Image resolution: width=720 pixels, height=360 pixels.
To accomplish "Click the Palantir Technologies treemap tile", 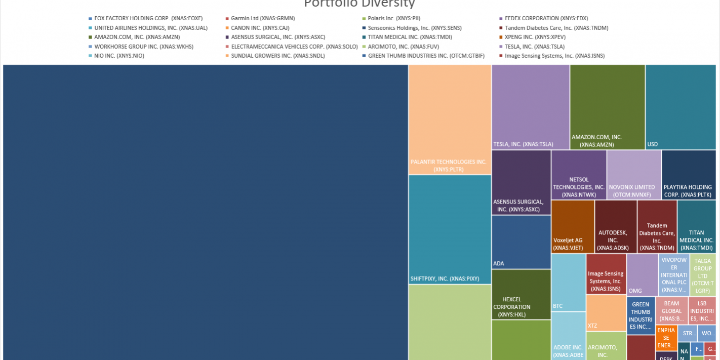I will [x=450, y=119].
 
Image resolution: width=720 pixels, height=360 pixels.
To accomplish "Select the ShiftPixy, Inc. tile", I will [x=450, y=229].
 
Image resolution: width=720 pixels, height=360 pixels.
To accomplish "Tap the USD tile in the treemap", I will [x=681, y=107].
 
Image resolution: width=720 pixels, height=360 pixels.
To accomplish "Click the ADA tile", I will [x=521, y=242].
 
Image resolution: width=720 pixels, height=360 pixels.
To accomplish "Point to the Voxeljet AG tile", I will [x=573, y=226].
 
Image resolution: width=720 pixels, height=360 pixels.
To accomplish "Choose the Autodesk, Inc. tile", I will [x=616, y=226].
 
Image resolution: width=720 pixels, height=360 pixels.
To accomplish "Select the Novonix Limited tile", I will [x=634, y=175].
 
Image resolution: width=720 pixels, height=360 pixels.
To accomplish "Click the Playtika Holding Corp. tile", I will [x=689, y=175].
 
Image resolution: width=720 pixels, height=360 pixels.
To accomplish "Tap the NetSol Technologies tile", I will [x=579, y=175].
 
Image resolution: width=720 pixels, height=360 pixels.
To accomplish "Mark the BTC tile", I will [x=568, y=282].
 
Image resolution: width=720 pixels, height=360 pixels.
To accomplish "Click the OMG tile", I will [x=642, y=274].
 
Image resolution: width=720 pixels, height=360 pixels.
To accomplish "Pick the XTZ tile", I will [x=606, y=312].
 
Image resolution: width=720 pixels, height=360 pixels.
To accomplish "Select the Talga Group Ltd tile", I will [x=702, y=275].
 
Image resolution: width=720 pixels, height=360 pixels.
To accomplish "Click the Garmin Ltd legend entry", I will [x=262, y=18].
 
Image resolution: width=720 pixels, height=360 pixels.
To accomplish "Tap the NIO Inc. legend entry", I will [x=119, y=56].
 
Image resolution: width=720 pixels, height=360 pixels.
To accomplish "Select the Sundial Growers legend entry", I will [x=277, y=56].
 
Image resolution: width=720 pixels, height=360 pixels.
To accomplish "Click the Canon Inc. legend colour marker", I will [x=227, y=28].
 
